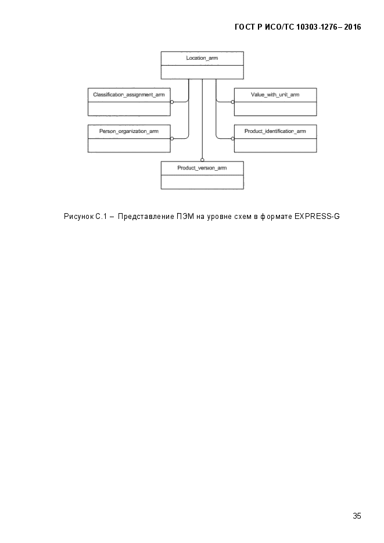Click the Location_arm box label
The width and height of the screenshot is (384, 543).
[202, 58]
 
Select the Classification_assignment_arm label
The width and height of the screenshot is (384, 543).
[129, 95]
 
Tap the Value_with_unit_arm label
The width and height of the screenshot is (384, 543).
[275, 95]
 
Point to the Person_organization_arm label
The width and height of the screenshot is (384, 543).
[129, 131]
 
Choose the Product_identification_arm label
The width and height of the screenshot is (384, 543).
[275, 131]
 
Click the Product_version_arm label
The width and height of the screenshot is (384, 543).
[202, 168]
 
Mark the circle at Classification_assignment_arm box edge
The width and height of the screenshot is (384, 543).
[172, 102]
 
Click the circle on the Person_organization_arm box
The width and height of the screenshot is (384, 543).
[172, 139]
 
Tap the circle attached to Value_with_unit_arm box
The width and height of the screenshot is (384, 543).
[233, 102]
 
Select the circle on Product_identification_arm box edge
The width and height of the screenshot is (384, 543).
[233, 139]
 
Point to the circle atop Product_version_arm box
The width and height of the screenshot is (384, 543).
[202, 160]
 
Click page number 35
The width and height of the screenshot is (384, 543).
[357, 516]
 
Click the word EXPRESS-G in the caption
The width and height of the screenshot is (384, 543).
[317, 217]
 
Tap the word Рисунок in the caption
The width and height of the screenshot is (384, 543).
[79, 217]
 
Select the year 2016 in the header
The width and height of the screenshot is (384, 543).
[353, 27]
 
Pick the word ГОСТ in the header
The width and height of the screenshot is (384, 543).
[245, 27]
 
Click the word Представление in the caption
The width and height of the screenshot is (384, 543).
[146, 217]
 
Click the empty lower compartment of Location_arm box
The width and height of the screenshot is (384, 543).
[202, 72]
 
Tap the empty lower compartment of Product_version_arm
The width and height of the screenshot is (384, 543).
[202, 182]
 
